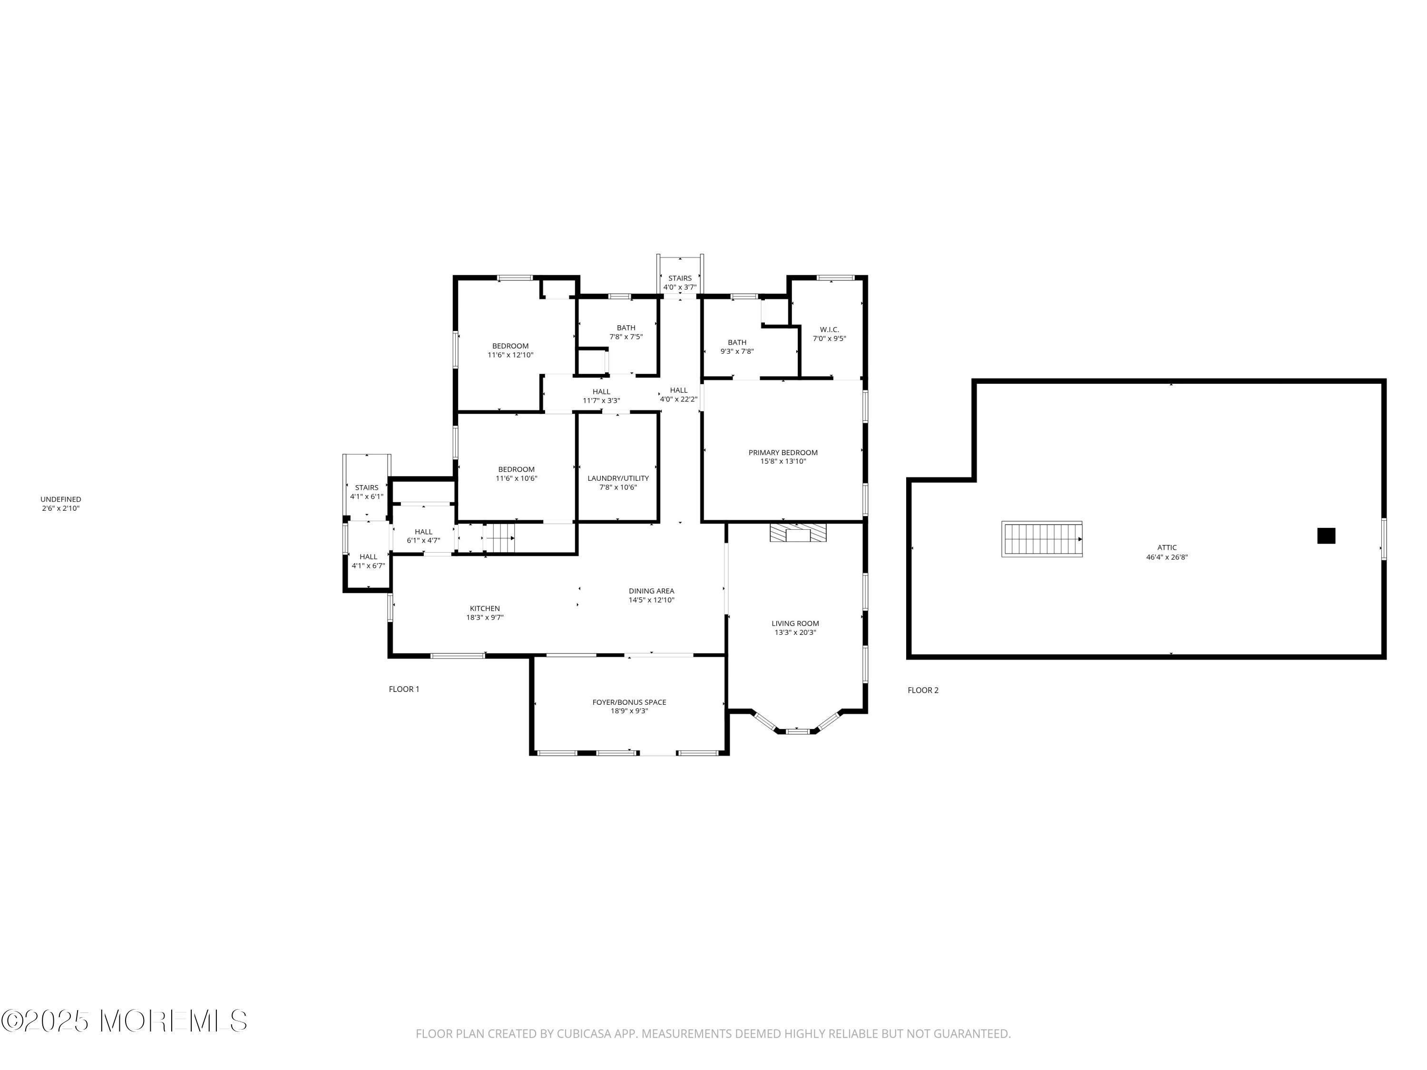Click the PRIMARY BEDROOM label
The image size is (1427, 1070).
(782, 453)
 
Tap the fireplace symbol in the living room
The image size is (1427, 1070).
(798, 533)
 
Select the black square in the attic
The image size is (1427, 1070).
(1326, 536)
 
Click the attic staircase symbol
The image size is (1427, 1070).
(1041, 539)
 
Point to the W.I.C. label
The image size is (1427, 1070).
(829, 330)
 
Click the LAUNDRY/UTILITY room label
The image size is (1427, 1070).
(618, 478)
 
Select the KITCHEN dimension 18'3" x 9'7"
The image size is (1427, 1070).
(485, 618)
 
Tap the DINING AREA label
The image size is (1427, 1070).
(652, 591)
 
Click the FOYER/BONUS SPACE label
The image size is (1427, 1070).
(629, 702)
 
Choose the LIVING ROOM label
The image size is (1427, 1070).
(795, 623)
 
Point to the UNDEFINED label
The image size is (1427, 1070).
(60, 499)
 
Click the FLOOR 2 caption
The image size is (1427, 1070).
(922, 690)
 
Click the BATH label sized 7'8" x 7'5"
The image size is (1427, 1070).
(626, 328)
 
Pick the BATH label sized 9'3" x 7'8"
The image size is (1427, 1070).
(737, 342)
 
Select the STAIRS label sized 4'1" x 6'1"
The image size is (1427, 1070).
(366, 487)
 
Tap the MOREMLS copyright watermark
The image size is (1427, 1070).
(124, 1021)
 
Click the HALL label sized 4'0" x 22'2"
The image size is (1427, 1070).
(679, 390)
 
